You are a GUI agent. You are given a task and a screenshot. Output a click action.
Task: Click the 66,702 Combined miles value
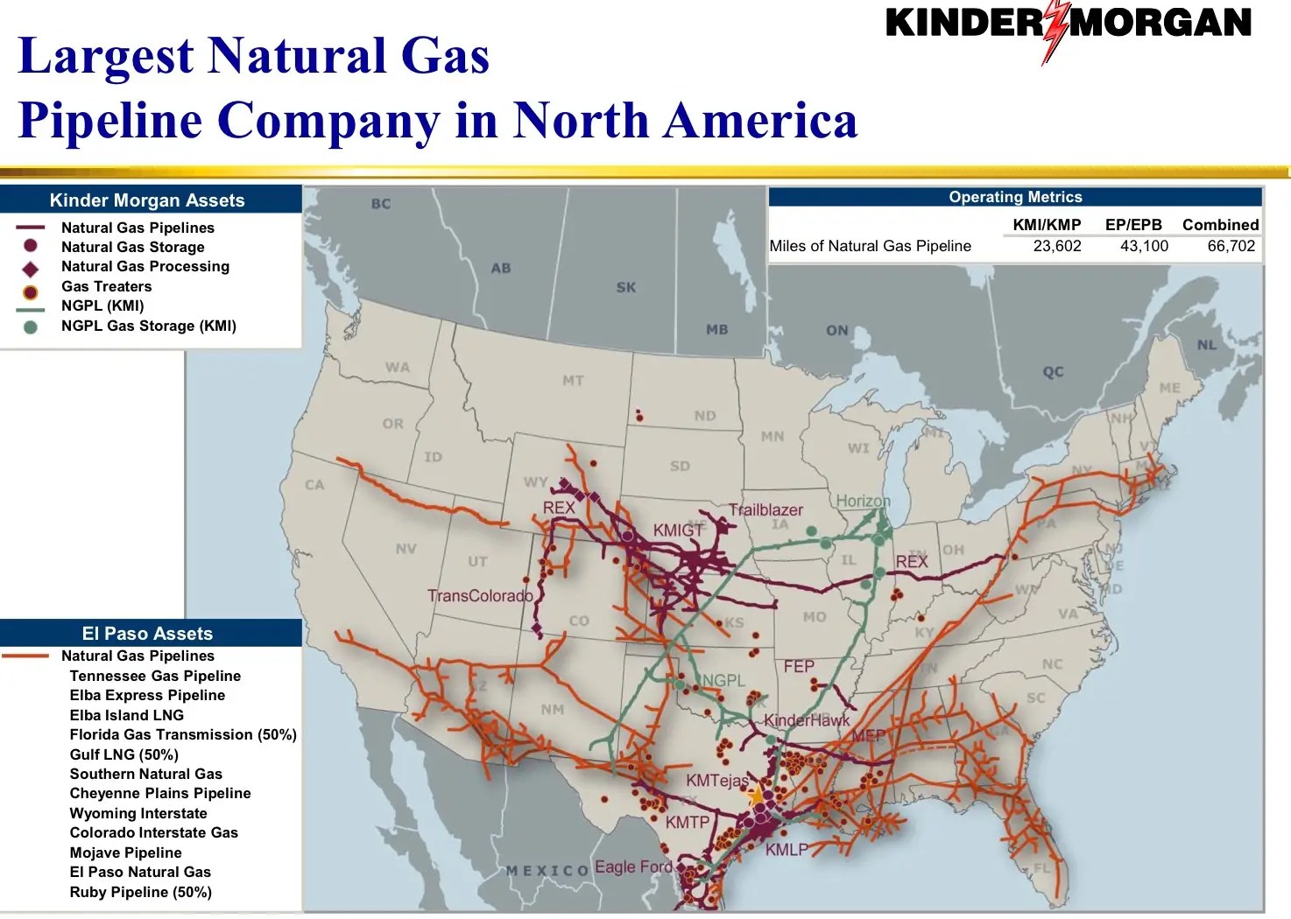(x=1231, y=246)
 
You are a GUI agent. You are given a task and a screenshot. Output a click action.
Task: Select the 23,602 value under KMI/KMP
(x=1056, y=246)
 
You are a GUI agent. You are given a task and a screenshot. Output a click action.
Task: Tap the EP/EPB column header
(x=1132, y=225)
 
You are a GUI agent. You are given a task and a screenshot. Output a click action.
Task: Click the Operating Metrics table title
(x=1015, y=197)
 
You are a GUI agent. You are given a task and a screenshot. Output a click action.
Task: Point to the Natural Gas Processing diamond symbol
(x=31, y=268)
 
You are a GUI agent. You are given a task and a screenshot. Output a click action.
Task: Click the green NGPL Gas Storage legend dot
(x=31, y=327)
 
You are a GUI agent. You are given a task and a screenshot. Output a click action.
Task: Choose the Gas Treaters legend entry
(x=106, y=286)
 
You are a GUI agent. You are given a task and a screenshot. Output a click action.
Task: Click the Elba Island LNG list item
(x=126, y=715)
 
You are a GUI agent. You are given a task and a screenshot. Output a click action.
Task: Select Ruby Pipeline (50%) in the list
(x=140, y=892)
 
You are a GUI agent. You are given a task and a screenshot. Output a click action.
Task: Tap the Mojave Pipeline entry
(x=125, y=852)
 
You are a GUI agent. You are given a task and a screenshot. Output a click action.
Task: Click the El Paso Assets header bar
(x=147, y=633)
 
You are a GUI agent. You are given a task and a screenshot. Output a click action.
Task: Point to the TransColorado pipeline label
(x=480, y=596)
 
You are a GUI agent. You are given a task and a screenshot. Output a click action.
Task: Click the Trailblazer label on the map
(x=765, y=510)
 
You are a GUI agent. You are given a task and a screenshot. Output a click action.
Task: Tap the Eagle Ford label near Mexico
(x=633, y=866)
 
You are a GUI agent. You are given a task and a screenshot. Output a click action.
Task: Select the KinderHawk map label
(x=806, y=720)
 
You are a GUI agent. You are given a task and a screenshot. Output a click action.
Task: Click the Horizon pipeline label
(x=863, y=501)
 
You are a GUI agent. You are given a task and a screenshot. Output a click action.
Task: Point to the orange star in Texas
(x=756, y=796)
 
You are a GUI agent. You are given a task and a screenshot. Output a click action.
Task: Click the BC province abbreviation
(x=381, y=204)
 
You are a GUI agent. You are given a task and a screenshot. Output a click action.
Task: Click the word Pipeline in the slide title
(x=110, y=120)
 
